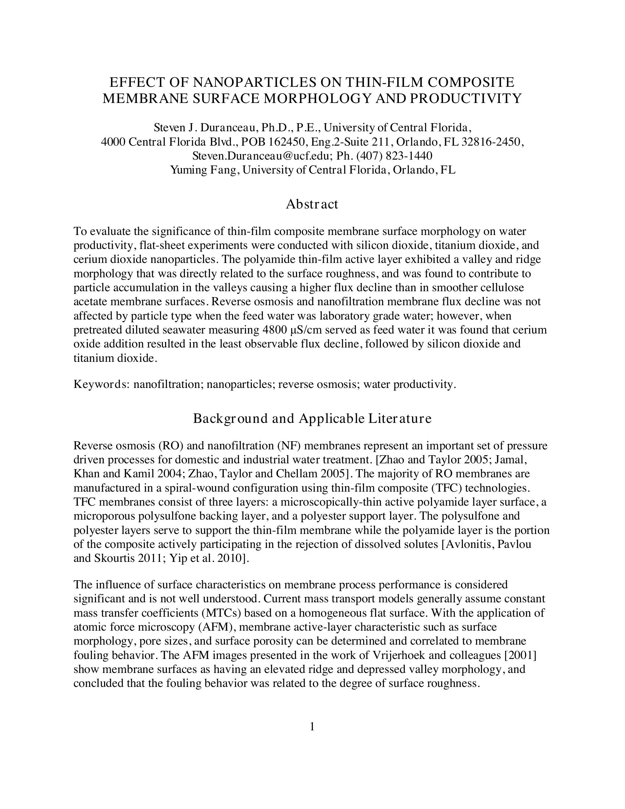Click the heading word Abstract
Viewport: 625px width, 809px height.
click(312, 204)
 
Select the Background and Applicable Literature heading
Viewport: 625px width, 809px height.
click(312, 418)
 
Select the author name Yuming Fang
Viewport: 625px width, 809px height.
click(204, 170)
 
